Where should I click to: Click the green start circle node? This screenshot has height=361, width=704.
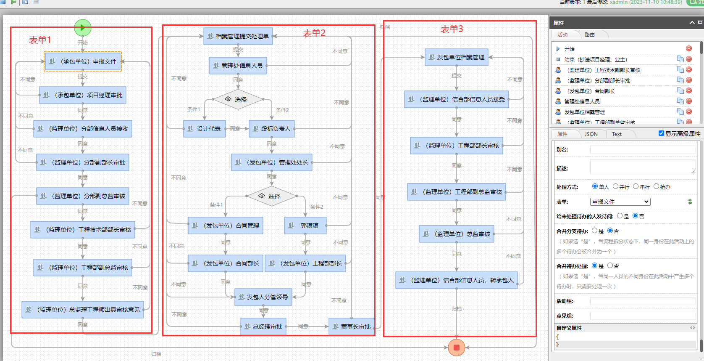(82, 28)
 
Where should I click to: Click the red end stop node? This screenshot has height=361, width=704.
(456, 348)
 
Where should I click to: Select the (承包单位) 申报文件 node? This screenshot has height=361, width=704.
(83, 61)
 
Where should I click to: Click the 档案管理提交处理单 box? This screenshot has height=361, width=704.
(238, 36)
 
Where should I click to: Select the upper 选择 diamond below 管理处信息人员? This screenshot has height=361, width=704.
(238, 100)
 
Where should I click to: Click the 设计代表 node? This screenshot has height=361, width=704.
(205, 129)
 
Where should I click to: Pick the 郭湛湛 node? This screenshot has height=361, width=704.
(305, 226)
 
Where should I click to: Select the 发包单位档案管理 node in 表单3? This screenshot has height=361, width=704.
(456, 57)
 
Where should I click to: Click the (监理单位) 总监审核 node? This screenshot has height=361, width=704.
(456, 234)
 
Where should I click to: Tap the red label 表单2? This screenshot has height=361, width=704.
(314, 33)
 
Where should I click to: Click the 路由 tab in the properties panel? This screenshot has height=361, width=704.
(589, 35)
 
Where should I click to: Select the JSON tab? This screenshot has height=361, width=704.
(591, 134)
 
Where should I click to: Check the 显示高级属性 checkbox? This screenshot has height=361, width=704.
(661, 133)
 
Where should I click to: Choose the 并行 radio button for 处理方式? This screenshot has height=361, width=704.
(615, 186)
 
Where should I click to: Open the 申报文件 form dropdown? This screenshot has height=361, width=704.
(620, 202)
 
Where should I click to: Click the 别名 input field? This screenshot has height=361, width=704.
(643, 150)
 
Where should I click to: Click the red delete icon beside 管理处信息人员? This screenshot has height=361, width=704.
(689, 101)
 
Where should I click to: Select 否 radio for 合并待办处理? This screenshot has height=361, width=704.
(610, 265)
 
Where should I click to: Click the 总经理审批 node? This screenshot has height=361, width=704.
(263, 326)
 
